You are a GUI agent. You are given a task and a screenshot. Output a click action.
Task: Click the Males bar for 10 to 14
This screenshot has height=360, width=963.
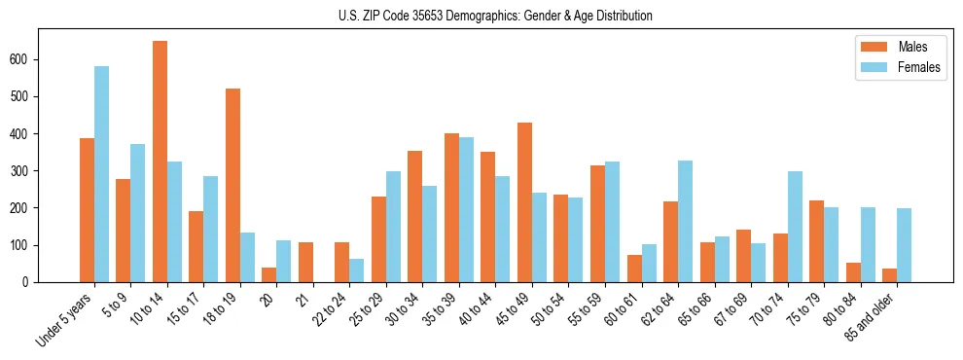click(160, 162)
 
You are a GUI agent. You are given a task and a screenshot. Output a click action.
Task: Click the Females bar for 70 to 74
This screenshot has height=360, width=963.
click(795, 227)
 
